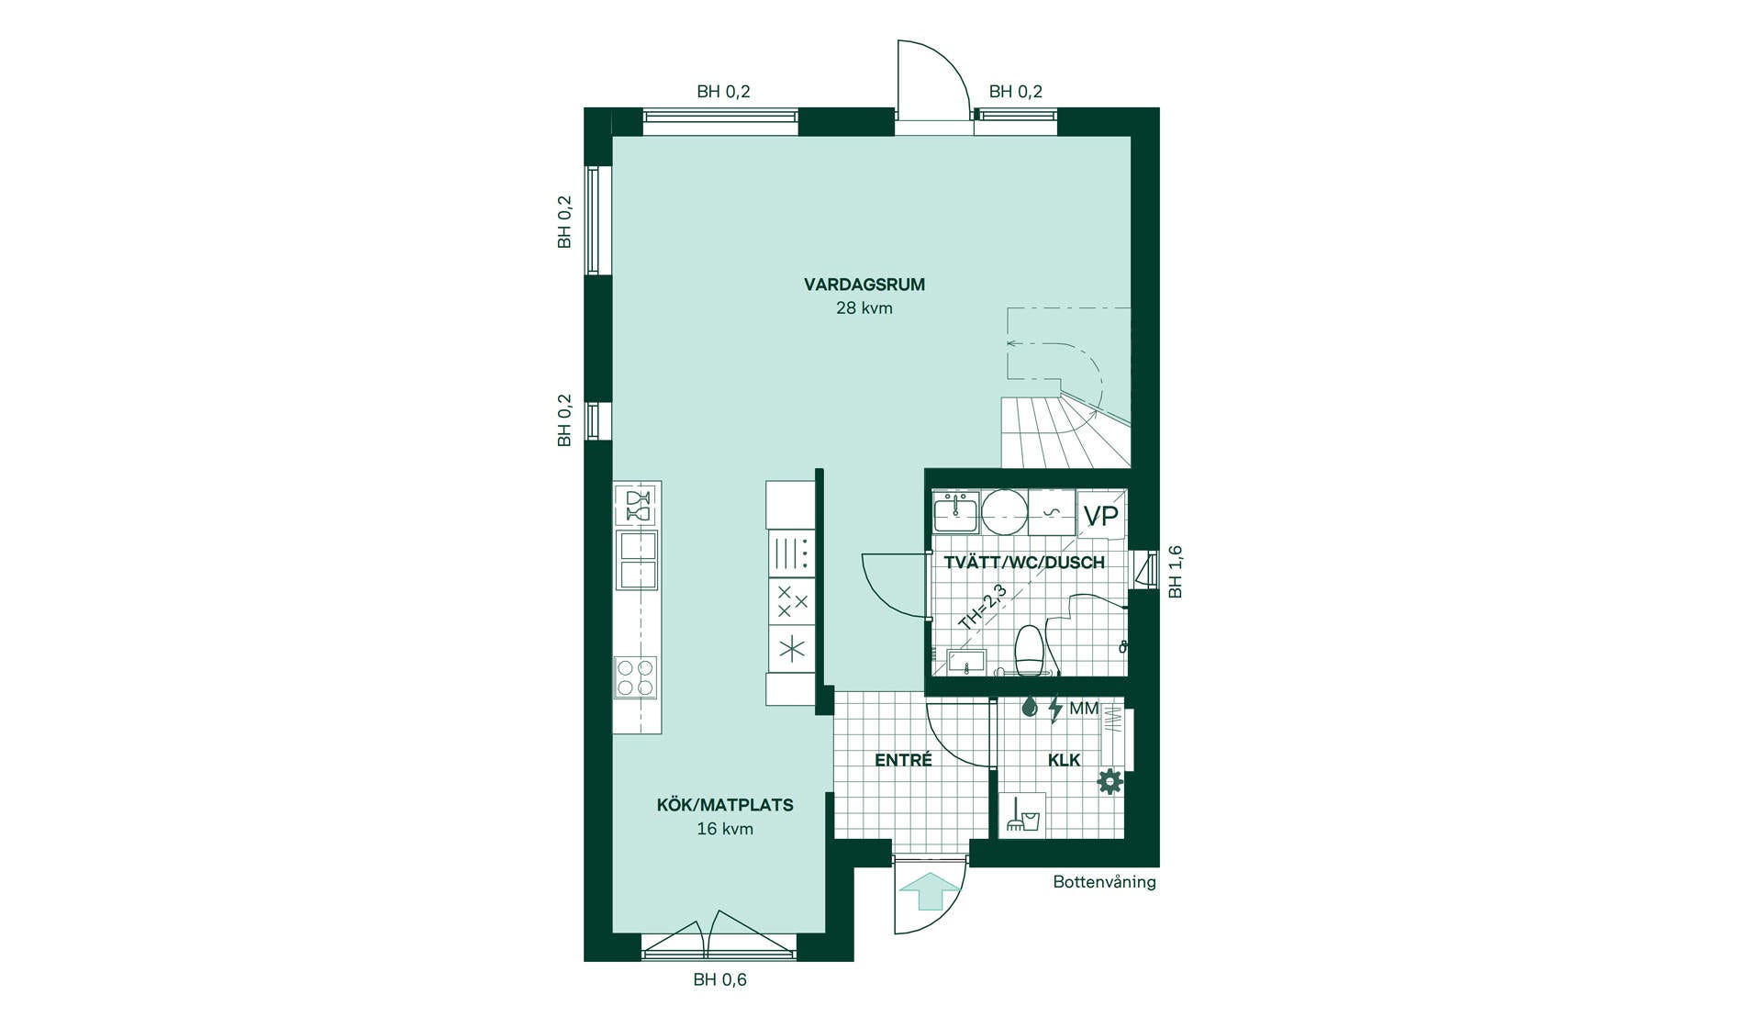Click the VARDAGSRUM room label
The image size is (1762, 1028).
coord(864,285)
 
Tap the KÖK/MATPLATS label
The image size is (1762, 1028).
coord(725,805)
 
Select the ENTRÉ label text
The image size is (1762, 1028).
coord(903,760)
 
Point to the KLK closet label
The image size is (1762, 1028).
coord(1064,760)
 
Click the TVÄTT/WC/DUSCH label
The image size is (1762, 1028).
coord(1024,563)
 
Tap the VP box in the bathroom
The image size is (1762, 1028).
coord(1101,516)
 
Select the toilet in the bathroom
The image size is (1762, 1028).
coord(1030,650)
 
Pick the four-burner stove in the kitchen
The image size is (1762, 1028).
coord(635,677)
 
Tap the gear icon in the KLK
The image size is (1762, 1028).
coord(1110,781)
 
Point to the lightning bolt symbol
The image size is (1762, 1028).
coord(1054,709)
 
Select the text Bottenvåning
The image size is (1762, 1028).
coord(1104,882)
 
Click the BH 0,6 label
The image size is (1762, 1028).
coord(719,979)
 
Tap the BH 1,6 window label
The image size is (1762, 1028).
coord(1176,573)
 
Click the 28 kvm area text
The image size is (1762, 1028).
coord(864,308)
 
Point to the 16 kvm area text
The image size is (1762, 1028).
coord(725,829)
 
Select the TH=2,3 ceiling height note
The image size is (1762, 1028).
coord(983,608)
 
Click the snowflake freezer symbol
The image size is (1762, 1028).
coord(791,649)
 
